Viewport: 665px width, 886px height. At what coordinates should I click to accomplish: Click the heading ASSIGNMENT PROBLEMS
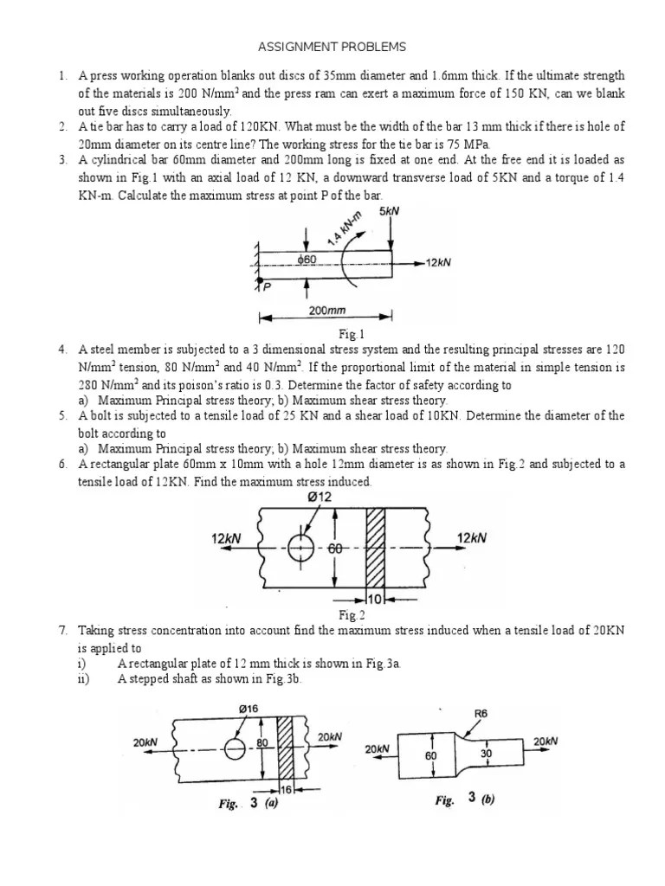point(332,46)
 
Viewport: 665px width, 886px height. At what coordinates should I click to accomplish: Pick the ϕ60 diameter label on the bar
point(307,260)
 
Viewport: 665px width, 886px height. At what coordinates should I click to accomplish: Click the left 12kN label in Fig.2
point(226,538)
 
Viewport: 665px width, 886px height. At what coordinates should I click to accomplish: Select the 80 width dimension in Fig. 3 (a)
point(261,742)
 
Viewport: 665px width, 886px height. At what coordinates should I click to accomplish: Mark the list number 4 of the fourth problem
point(62,350)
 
